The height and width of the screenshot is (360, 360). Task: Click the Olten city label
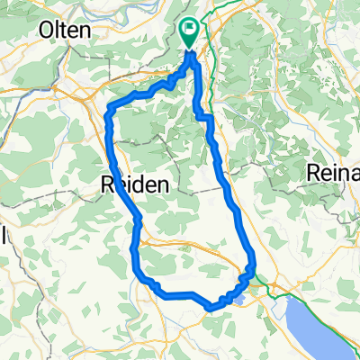click(x=65, y=30)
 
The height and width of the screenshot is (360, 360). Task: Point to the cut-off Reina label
click(x=334, y=172)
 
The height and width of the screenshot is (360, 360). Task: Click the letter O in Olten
click(x=47, y=30)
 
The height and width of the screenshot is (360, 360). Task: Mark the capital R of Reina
click(x=315, y=172)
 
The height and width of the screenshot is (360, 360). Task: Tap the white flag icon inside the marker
click(x=190, y=30)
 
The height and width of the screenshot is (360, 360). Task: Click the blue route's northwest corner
click(x=109, y=112)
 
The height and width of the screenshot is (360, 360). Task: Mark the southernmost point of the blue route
click(x=210, y=308)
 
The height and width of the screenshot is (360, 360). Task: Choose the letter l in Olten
click(x=58, y=30)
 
